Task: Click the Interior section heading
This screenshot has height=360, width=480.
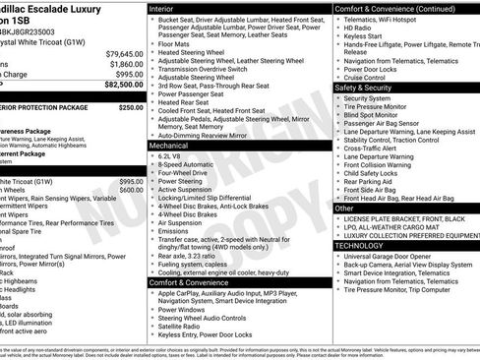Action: tap(162, 7)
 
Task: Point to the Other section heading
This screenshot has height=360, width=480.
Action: tap(344, 209)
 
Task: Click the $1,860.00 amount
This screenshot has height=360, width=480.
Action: tap(125, 64)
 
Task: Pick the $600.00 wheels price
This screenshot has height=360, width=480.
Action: tap(131, 191)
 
